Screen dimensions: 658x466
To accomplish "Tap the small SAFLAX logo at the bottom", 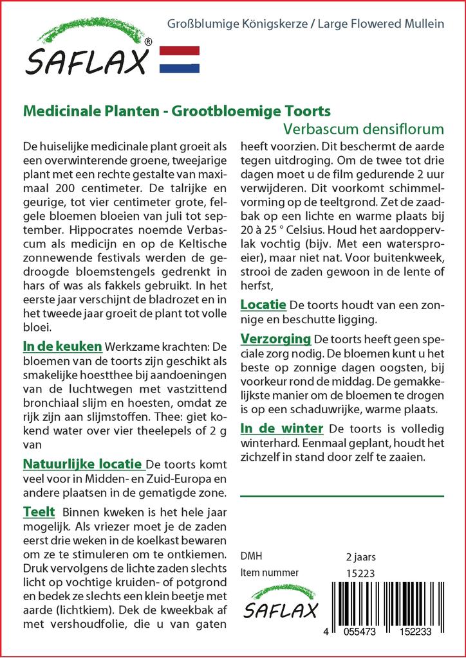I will [x=281, y=603].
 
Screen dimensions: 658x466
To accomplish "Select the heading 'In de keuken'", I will [x=62, y=346].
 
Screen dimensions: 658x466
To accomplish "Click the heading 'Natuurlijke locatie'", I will [x=82, y=463].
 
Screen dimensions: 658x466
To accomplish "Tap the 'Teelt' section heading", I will [x=39, y=512].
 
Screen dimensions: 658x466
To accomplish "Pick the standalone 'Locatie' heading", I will [x=264, y=304].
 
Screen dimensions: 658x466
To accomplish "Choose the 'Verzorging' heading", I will [x=275, y=338].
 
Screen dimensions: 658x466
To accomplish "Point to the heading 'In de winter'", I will [x=281, y=428].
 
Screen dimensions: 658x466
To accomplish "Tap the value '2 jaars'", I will [x=361, y=556].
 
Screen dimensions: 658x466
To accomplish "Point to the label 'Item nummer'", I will [x=269, y=573].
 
